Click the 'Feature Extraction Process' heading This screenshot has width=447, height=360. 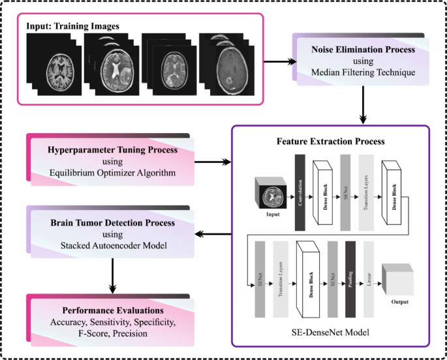point(330,141)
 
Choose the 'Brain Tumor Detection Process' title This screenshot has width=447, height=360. point(113,222)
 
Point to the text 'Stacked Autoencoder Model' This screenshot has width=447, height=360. point(113,246)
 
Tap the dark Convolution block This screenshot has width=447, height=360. point(300,192)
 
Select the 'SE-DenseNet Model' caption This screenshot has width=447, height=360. point(330,333)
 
